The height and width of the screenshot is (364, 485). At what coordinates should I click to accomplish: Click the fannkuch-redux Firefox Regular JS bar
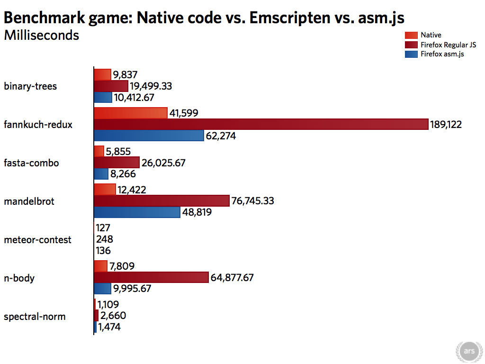260,124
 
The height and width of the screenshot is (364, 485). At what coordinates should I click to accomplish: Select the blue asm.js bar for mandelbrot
137,212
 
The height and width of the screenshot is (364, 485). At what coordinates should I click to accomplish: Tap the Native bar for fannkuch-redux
131,113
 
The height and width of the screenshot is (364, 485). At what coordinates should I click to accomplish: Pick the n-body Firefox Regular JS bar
152,277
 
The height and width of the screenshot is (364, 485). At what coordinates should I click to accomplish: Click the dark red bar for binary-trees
111,86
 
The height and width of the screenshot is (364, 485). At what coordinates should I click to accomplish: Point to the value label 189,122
446,125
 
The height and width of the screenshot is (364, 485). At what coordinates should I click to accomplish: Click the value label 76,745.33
252,201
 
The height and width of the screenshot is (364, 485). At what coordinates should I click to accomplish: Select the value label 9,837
126,74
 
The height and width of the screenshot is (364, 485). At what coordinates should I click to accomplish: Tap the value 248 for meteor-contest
104,239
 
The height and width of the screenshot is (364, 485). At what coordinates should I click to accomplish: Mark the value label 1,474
109,327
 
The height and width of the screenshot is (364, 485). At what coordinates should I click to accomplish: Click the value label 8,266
123,174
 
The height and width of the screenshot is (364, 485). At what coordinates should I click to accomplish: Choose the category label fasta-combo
31,163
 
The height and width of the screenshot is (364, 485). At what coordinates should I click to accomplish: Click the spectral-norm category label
35,316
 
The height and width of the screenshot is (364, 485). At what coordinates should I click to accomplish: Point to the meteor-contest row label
37,240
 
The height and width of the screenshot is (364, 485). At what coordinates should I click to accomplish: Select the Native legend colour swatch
411,35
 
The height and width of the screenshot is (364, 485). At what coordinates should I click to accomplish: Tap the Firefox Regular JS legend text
448,45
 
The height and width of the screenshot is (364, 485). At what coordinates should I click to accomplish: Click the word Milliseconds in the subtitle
41,35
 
